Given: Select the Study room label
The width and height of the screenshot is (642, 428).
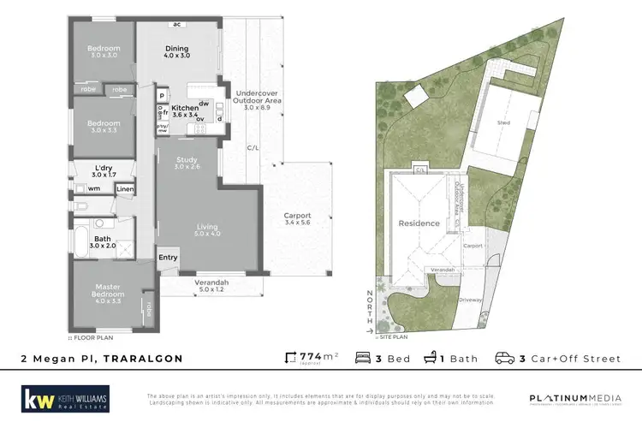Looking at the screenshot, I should [x=187, y=163].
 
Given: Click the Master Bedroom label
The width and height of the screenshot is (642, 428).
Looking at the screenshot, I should [x=107, y=294].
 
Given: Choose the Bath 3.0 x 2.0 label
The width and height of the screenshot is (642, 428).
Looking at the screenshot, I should [x=103, y=241].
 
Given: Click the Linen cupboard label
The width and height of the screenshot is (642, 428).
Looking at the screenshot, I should [x=125, y=188].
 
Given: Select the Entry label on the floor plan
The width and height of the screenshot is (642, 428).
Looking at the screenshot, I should [x=167, y=257].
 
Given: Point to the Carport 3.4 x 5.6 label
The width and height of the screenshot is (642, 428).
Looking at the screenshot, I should [x=298, y=219].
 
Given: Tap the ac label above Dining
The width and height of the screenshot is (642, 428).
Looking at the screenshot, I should [x=177, y=25].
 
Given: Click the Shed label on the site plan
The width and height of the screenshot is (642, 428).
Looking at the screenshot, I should [x=504, y=122].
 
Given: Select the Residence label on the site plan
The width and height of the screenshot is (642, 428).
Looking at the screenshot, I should [x=419, y=223].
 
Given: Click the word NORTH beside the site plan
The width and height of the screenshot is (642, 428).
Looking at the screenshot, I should [x=370, y=304].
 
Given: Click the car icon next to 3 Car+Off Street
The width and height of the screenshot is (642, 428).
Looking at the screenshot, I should [x=506, y=358].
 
